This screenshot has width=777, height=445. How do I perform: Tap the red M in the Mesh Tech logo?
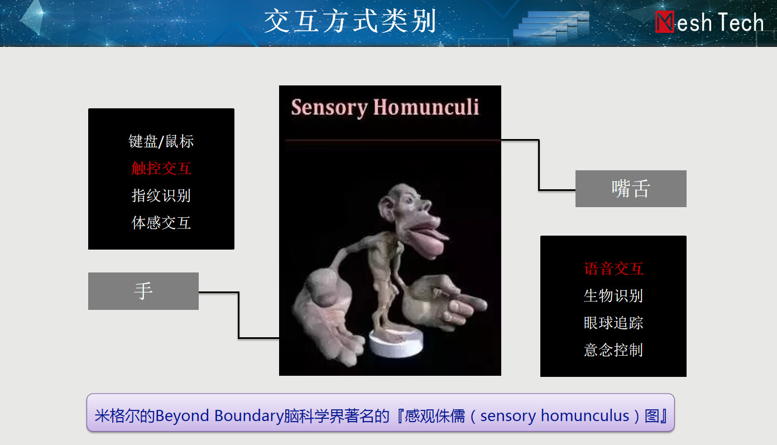click(665, 22)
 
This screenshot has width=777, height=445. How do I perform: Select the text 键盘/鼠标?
click(161, 141)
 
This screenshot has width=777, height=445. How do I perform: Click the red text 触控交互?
click(161, 169)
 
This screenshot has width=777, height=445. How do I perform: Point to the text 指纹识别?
click(161, 195)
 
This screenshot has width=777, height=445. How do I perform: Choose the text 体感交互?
click(161, 223)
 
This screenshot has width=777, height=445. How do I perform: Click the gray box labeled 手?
click(143, 291)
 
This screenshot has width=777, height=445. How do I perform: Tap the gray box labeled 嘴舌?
click(631, 189)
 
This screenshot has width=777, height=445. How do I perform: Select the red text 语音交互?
click(613, 269)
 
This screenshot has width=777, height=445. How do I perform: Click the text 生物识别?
click(613, 296)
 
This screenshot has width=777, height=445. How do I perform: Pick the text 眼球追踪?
click(613, 323)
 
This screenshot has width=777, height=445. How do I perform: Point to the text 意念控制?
click(613, 350)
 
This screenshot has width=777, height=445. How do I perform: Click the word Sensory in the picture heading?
click(329, 108)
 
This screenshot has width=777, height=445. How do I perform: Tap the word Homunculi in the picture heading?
click(426, 107)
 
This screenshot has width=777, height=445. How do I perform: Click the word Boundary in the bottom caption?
click(248, 416)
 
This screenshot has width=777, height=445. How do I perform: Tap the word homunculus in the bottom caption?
click(585, 416)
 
